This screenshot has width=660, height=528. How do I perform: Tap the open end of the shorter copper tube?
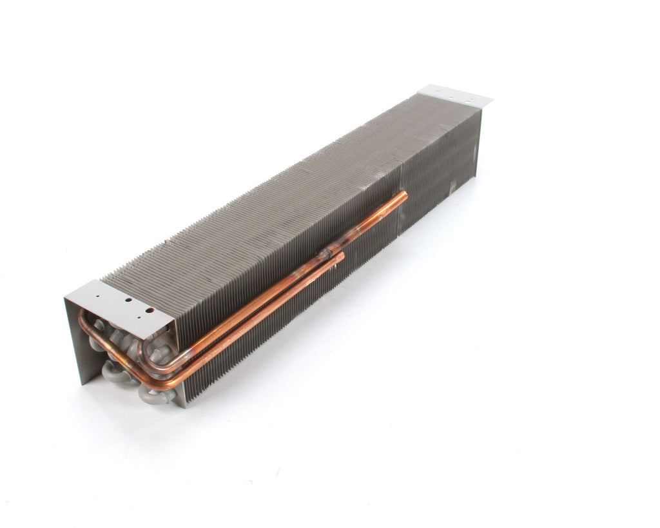341,255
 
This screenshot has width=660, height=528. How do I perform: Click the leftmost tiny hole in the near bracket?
97,298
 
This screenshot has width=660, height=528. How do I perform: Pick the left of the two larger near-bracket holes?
129,300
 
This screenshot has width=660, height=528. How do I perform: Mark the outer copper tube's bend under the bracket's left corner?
84,319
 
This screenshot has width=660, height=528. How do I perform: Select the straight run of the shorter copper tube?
258,316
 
